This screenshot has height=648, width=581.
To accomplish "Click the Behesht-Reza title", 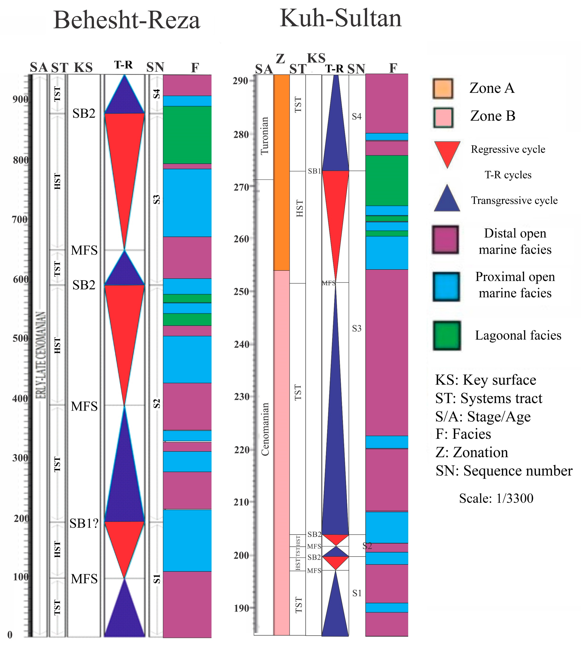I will click(126, 20).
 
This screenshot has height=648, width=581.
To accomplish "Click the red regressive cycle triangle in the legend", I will click(447, 152).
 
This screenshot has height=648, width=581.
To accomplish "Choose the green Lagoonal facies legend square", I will click(447, 335).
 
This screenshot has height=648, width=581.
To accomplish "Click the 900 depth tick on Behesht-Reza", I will click(20, 99).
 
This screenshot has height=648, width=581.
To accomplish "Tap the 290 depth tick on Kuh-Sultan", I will click(240, 81).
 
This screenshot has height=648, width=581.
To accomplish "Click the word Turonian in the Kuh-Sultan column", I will click(265, 136).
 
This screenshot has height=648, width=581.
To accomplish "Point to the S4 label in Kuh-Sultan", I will click(357, 117).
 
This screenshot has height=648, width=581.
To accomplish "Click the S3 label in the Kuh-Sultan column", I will click(357, 328).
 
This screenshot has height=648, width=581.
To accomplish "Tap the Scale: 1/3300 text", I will click(496, 498).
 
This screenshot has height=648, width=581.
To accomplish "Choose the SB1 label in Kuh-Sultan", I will click(314, 171).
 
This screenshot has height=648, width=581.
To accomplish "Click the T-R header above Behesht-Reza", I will click(124, 65).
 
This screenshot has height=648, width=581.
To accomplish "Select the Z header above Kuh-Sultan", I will click(280, 59).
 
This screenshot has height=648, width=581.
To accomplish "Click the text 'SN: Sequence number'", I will click(504, 471).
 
